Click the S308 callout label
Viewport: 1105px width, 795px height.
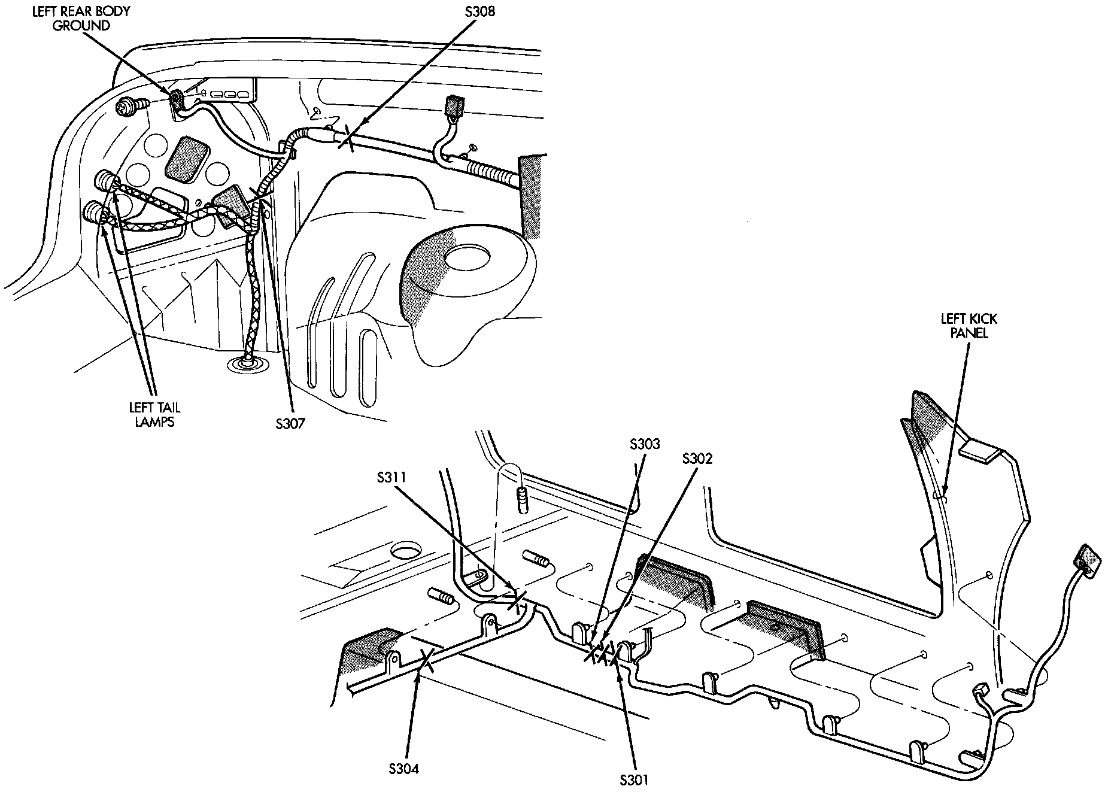point(479,11)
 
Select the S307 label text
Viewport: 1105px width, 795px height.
point(290,424)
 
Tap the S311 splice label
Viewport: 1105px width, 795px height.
point(392,478)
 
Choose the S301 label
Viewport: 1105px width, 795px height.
point(634,779)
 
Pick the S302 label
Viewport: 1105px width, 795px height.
point(697,459)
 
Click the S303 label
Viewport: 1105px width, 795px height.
point(645,444)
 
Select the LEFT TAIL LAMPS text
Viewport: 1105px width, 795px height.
point(154,414)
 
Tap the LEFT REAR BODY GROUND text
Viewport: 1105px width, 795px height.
point(81,18)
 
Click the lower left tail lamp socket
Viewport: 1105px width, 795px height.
point(95,212)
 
